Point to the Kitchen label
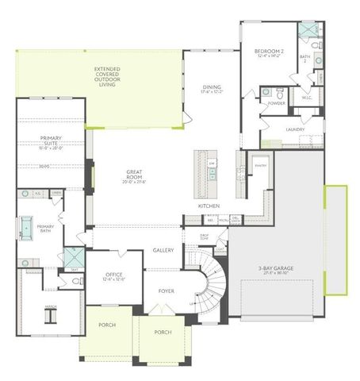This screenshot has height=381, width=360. click(x=209, y=206)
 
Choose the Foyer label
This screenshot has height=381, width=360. click(x=166, y=291)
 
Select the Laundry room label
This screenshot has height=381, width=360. click(x=295, y=129)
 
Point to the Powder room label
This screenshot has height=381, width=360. click(x=277, y=103)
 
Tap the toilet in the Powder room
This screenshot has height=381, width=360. click(x=267, y=93)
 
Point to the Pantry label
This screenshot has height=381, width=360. click(x=259, y=166)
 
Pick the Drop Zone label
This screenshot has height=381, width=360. click(x=204, y=237)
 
